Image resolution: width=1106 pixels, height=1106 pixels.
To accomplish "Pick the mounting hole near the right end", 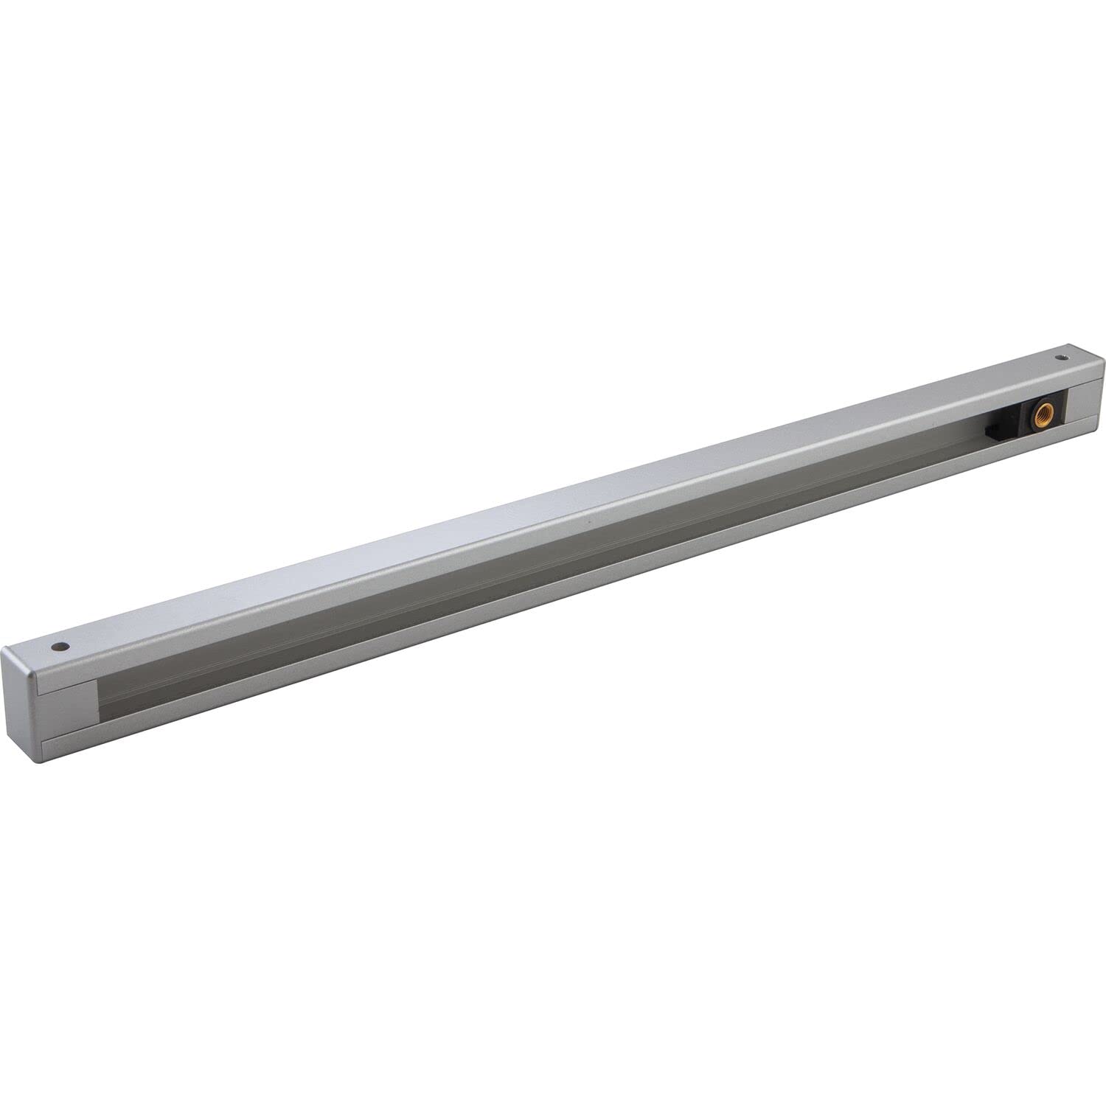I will (1062, 358).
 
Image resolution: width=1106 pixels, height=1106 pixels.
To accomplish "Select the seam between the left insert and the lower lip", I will (70, 733).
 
